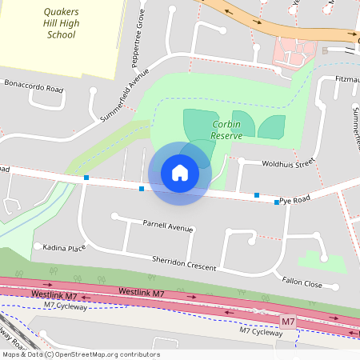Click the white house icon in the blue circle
180,173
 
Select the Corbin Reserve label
226,130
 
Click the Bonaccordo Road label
34,86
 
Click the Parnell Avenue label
168,226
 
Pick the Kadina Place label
64,248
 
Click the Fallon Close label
302,282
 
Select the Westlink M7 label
64,294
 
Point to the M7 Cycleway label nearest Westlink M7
66,305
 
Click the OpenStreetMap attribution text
80,354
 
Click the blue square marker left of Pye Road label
257,194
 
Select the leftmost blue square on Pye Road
86,178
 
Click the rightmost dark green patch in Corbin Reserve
271,126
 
